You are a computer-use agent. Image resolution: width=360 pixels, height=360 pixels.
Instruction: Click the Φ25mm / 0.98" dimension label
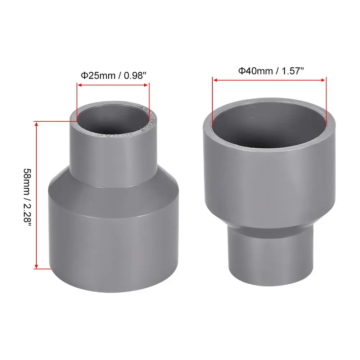113,76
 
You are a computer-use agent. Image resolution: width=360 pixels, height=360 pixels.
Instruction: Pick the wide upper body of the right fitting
270,180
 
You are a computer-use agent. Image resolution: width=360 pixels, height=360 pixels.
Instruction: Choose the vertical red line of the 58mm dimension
36,194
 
